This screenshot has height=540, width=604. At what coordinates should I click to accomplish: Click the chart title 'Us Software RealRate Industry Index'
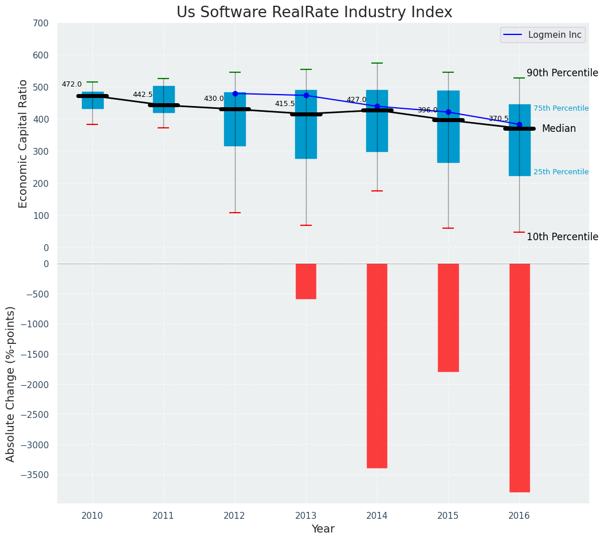[x=314, y=13]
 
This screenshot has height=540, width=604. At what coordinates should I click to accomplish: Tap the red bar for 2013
[x=306, y=281]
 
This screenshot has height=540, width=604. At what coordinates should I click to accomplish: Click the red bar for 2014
[x=377, y=366]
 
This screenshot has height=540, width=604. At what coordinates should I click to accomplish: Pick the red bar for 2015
[x=448, y=318]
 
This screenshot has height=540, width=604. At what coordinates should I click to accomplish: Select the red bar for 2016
[x=519, y=378]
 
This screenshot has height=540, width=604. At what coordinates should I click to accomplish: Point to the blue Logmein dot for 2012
[x=235, y=93]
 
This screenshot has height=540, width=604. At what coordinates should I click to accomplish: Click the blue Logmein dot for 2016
[x=519, y=124]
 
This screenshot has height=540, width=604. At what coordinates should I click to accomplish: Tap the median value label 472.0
[x=72, y=85]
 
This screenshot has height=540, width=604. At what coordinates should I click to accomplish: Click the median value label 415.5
[x=285, y=104]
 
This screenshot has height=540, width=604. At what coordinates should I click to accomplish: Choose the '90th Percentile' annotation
[x=562, y=73]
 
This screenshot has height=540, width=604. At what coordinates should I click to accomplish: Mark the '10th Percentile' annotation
[x=562, y=237]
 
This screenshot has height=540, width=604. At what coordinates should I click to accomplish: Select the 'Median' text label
[x=559, y=129]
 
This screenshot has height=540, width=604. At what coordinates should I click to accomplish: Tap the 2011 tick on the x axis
[x=163, y=516]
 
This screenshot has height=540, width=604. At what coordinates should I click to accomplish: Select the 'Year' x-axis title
[x=323, y=529]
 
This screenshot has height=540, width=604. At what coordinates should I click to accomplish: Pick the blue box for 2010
[x=93, y=100]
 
